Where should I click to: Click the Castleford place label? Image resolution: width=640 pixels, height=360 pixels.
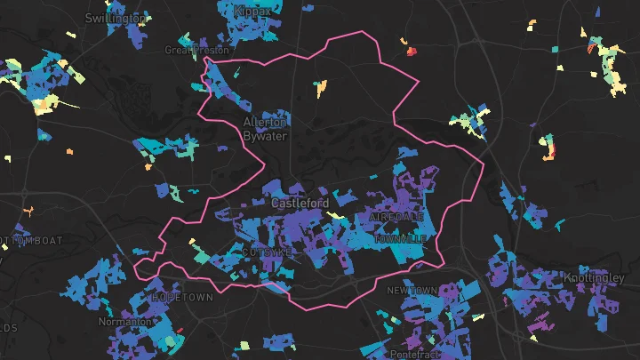tap(293, 204)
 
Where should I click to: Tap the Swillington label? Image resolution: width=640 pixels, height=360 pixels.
tap(116, 18)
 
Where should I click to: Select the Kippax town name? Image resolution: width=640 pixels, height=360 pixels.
tap(253, 11)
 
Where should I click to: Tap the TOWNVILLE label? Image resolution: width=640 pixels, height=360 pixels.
tap(401, 239)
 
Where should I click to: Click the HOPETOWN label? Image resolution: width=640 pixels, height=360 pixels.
tap(183, 297)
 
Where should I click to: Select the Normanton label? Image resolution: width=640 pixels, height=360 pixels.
tap(125, 321)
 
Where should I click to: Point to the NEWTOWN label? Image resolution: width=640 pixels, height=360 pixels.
tap(412, 291)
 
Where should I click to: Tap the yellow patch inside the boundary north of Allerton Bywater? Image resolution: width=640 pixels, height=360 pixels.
tap(321, 87)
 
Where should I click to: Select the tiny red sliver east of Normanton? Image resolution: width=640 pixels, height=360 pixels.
tap(180, 331)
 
